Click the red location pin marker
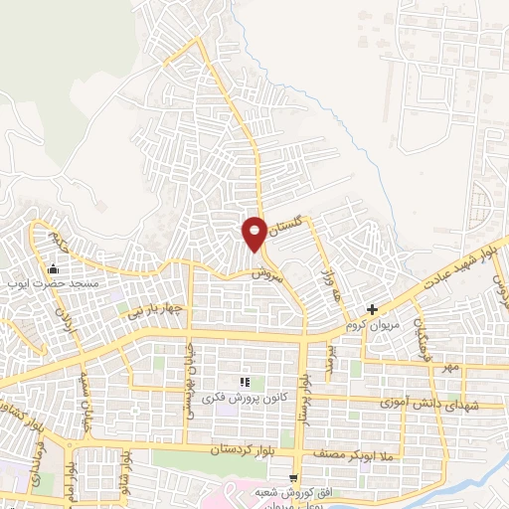tap(254, 234)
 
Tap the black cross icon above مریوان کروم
tap(372, 310)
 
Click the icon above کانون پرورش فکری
tap(245, 383)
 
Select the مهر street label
tap(452, 368)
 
